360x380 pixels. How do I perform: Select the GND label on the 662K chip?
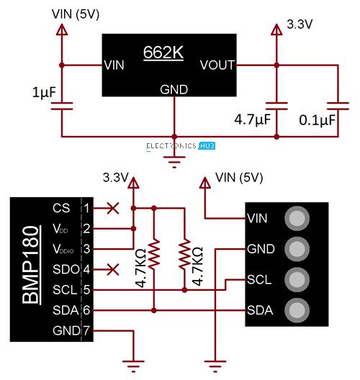(174, 90)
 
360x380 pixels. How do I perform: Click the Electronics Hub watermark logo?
(180, 146)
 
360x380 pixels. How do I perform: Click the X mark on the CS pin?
(112, 209)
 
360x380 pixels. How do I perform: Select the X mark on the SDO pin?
(112, 270)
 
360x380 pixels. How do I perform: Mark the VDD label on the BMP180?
(61, 229)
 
